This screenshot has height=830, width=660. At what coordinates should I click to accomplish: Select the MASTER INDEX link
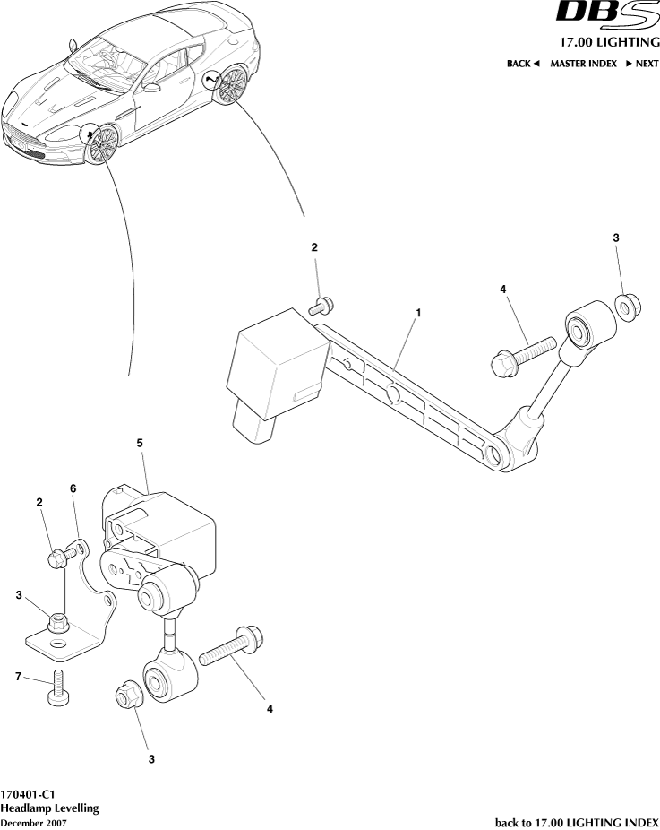[583, 64]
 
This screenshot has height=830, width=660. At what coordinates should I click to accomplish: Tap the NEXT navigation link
[642, 64]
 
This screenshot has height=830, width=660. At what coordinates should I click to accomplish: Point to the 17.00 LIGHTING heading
[609, 42]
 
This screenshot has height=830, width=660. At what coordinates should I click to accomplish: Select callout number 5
[140, 443]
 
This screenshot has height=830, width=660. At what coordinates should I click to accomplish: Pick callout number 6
[73, 488]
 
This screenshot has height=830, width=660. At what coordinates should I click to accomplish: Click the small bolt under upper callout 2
[322, 307]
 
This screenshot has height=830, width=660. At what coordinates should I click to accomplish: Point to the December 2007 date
[33, 822]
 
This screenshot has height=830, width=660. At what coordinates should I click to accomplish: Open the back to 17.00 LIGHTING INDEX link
[577, 822]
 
